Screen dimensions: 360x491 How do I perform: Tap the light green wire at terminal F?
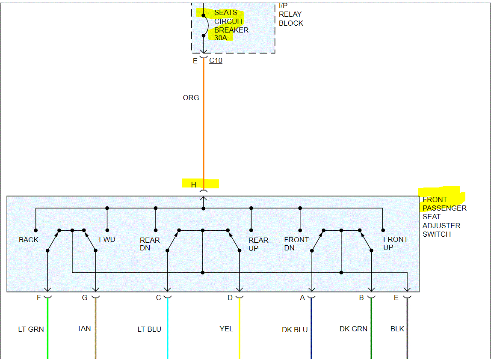(47, 330)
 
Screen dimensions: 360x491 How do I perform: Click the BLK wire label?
(397, 329)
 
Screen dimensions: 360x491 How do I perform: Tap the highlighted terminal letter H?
(193, 185)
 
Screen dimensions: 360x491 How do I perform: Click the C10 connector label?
(216, 61)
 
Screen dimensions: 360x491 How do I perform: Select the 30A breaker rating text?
(221, 38)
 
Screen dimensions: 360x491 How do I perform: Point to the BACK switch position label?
(29, 240)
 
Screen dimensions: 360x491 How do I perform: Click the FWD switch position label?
(107, 239)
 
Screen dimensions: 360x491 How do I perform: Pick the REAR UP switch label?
(258, 244)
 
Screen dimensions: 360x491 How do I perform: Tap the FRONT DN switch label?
(296, 244)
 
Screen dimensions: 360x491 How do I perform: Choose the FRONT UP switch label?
(395, 243)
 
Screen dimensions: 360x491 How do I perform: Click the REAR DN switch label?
(150, 244)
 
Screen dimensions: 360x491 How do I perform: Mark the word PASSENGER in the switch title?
(444, 208)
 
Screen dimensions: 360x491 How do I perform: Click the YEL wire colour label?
(226, 329)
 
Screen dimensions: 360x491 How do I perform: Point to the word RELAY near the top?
(290, 14)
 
